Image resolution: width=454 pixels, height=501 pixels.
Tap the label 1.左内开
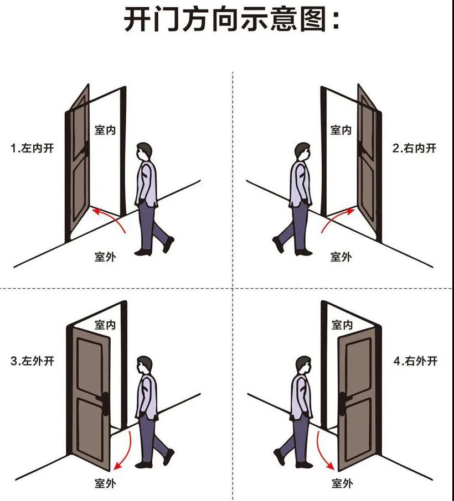pyautogui.click(x=33, y=148)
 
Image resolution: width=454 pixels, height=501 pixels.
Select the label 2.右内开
pyautogui.click(x=415, y=148)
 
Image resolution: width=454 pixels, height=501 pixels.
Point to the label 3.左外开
pyautogui.click(x=33, y=362)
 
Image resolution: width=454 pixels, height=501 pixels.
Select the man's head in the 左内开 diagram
pyautogui.click(x=145, y=151)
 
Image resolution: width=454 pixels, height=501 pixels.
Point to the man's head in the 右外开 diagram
pyautogui.click(x=303, y=365)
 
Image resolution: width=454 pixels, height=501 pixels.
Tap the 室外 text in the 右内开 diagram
pyautogui.click(x=341, y=257)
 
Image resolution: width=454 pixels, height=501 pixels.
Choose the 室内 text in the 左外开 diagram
pyautogui.click(x=105, y=325)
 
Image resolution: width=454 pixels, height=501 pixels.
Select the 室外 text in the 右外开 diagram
pyautogui.click(x=342, y=483)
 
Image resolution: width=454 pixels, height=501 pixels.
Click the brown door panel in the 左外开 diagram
pyautogui.click(x=89, y=398)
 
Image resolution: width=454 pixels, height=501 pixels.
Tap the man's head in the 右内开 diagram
pyautogui.click(x=302, y=151)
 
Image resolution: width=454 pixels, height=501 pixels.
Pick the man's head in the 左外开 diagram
pyautogui.click(x=145, y=365)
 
